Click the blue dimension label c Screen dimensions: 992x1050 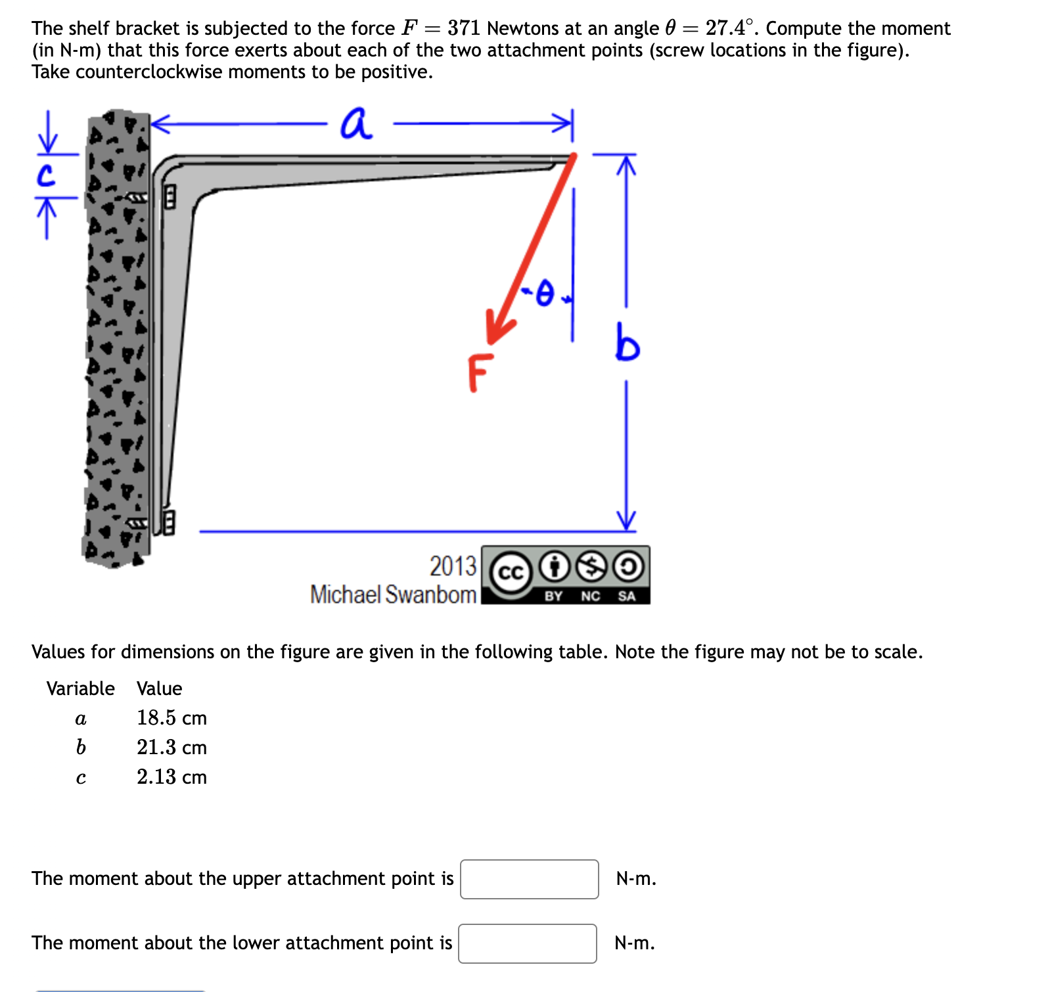(45, 175)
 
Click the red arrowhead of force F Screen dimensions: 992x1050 (497, 328)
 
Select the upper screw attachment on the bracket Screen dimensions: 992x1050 (168, 196)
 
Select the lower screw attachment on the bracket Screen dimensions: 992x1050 (168, 523)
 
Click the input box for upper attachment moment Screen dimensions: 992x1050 (529, 879)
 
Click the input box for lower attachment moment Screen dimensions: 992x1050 (527, 943)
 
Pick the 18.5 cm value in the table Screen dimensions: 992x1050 (171, 718)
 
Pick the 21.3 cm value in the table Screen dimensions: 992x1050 (171, 748)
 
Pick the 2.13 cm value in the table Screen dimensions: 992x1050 (171, 777)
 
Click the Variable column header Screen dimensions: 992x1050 (80, 688)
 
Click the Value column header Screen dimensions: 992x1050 (159, 688)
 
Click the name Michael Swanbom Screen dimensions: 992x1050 (393, 595)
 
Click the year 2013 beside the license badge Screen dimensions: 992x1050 (453, 566)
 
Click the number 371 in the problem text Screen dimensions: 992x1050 (464, 28)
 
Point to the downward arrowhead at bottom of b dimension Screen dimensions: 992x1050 (627, 522)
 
